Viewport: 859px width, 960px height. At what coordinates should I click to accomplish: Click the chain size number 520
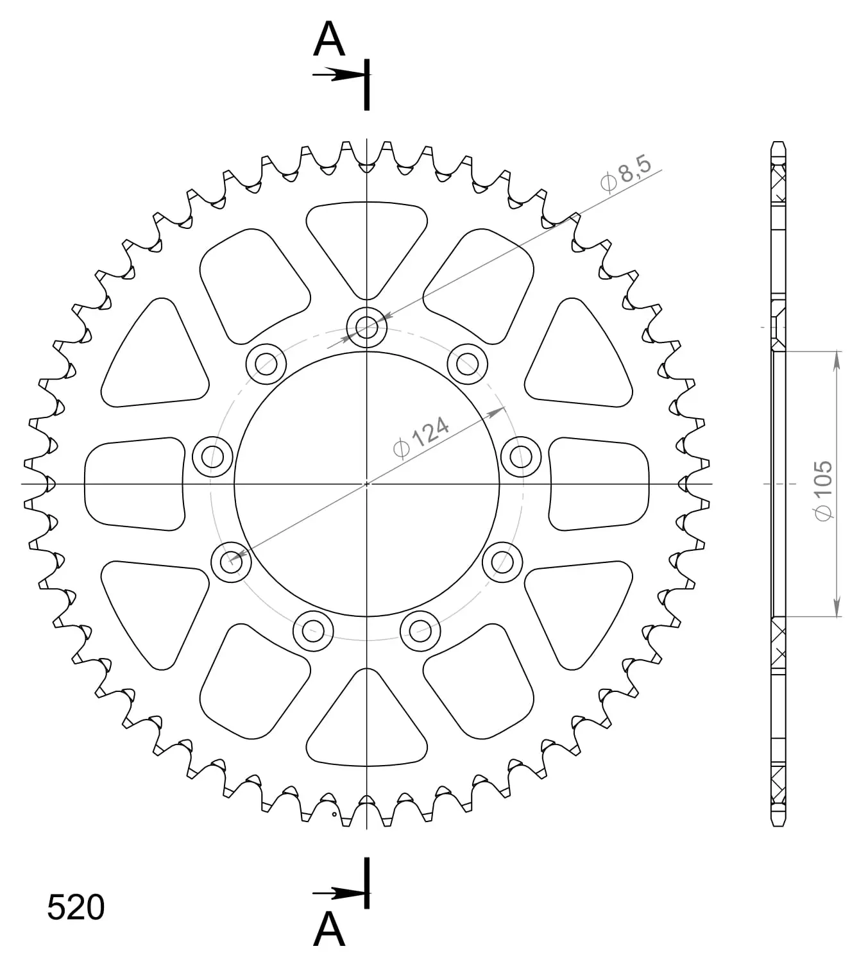click(x=76, y=907)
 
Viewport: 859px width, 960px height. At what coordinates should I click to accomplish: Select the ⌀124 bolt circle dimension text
click(x=421, y=437)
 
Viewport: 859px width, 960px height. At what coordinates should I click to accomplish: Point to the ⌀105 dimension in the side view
click(x=824, y=491)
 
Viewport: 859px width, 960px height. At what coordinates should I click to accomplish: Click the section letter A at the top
click(x=329, y=39)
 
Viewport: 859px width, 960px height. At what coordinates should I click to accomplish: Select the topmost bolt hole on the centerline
click(x=366, y=327)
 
